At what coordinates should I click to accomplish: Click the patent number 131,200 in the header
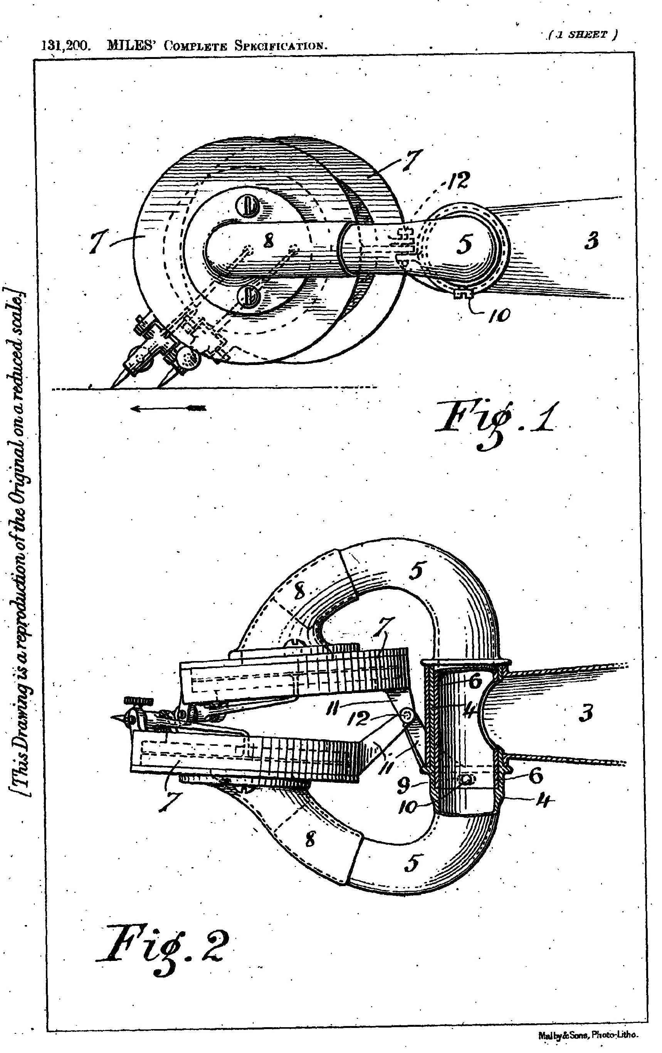[x=66, y=45]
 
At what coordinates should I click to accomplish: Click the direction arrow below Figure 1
[x=168, y=408]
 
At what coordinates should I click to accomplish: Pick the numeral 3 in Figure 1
[x=591, y=241]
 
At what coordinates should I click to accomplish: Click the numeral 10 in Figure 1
[x=499, y=315]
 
